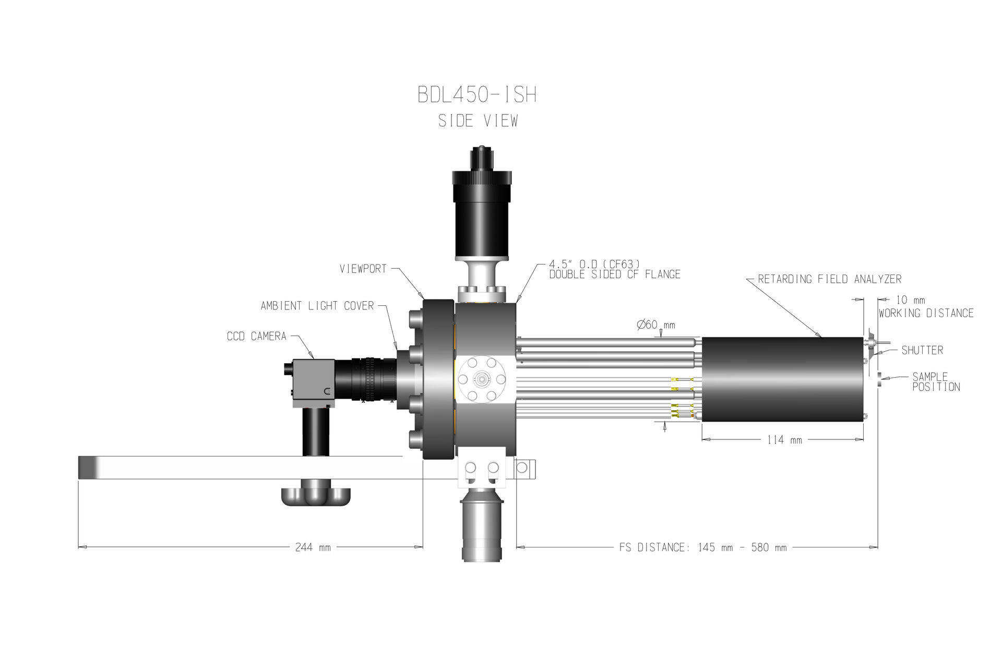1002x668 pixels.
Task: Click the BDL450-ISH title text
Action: [477, 95]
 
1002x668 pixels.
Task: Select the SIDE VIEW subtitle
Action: [478, 121]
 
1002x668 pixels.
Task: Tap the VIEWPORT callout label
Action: [363, 269]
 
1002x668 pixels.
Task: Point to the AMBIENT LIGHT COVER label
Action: [317, 306]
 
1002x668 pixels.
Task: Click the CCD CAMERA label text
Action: [257, 337]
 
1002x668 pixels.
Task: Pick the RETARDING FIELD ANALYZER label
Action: [830, 279]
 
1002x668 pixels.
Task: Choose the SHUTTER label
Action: [922, 350]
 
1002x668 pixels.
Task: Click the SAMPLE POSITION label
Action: [936, 382]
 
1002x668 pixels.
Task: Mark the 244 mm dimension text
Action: [313, 547]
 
